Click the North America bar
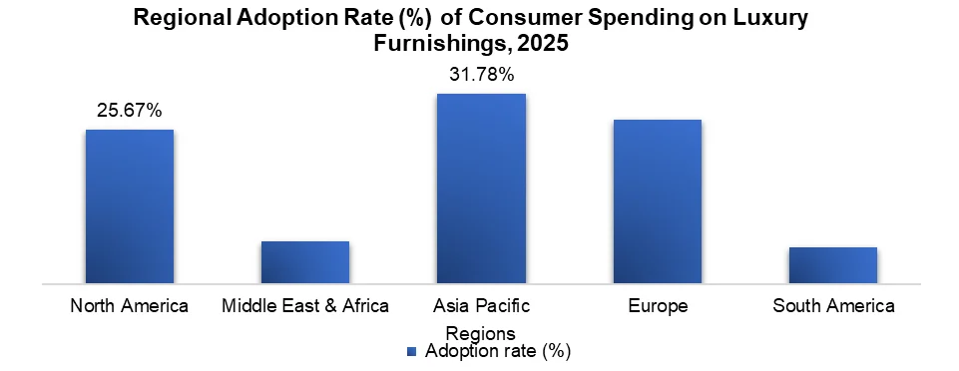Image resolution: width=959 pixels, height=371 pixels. coord(130,206)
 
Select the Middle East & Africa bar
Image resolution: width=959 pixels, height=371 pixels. coord(305,262)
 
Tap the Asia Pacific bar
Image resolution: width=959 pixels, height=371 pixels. coord(481,188)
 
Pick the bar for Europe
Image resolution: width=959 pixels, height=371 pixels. coord(658,201)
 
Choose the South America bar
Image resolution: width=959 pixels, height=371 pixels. coord(833,265)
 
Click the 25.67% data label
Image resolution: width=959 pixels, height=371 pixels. coord(130,111)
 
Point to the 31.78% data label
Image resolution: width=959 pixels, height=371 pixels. coord(481,75)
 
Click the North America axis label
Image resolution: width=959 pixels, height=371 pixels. coord(130,306)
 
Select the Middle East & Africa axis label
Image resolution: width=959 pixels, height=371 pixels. coord(305,306)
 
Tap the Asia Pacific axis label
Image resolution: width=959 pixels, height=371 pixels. coord(481,306)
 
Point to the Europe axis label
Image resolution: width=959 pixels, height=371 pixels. coord(658,306)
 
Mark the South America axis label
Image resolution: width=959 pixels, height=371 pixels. coord(833,306)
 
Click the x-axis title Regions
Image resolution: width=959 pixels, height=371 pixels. coord(481,332)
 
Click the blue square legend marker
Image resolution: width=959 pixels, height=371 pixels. coord(411,351)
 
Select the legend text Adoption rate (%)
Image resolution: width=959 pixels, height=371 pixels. coord(497,351)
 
